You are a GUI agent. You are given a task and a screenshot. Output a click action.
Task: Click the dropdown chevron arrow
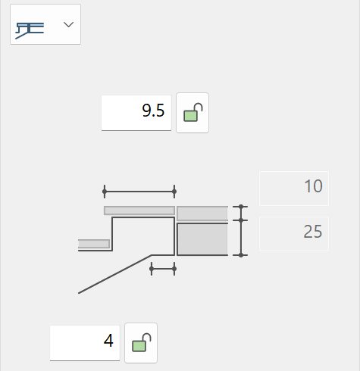pos(68,24)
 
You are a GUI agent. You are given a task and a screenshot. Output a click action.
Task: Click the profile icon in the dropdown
pos(30,30)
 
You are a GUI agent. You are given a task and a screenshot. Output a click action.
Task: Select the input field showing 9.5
pos(136,113)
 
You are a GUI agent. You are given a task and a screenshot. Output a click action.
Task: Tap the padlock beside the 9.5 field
pos(193,113)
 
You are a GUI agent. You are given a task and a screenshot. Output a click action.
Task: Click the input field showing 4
pos(85,343)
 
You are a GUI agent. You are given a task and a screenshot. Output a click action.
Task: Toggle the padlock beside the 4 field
pos(141,343)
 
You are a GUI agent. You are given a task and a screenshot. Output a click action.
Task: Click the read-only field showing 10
pos(294,189)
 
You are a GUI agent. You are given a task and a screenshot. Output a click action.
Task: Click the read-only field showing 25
pos(294,234)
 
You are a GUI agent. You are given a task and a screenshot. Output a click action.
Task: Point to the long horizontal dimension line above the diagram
pos(139,192)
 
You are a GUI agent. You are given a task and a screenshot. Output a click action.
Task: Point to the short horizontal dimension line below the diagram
pos(163,269)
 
